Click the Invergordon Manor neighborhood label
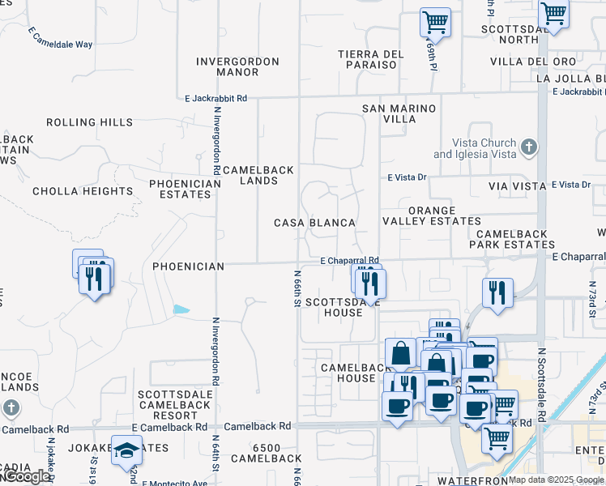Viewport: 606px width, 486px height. click(x=237, y=66)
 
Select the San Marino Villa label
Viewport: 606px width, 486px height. click(x=399, y=113)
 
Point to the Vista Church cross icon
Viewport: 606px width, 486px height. click(x=529, y=147)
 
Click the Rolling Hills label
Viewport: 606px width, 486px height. click(x=89, y=122)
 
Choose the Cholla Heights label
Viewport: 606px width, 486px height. click(x=82, y=192)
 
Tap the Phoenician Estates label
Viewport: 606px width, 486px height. click(x=185, y=189)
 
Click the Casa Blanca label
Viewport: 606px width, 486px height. click(x=314, y=223)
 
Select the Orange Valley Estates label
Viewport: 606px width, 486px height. click(x=444, y=215)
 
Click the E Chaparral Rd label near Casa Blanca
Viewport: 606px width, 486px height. click(x=350, y=261)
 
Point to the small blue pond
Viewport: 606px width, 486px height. click(x=181, y=309)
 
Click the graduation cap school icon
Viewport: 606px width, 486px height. click(x=126, y=450)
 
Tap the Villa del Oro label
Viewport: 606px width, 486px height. click(x=532, y=62)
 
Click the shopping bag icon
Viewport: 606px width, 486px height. click(x=401, y=353)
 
